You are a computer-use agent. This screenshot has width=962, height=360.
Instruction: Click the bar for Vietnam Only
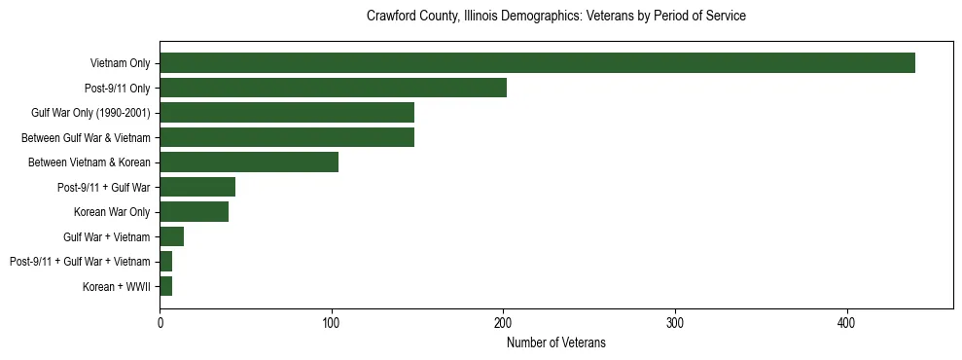coord(537,63)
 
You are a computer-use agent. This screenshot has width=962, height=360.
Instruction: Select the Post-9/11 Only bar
coord(333,88)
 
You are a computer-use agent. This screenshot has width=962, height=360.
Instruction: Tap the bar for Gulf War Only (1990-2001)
coord(287,113)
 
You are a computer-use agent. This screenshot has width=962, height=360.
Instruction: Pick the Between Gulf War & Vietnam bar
coord(287,137)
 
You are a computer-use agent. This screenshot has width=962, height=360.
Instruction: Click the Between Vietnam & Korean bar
coord(249,162)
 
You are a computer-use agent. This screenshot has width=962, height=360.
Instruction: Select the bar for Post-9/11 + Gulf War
coord(197,187)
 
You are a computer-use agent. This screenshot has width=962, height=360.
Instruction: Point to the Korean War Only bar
coord(195,212)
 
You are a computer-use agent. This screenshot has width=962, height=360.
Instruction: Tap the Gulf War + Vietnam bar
coord(172,236)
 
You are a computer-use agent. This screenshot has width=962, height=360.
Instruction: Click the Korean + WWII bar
coord(166,286)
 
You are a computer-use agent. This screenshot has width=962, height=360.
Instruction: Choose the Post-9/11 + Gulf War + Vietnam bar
coord(166,262)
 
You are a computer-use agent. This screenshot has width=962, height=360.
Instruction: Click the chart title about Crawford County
coord(556,17)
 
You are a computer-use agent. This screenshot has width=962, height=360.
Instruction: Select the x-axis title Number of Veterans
coord(556,342)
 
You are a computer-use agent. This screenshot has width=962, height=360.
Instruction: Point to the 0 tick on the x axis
coord(160,322)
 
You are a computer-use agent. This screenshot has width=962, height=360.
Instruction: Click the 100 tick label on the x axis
coord(332,322)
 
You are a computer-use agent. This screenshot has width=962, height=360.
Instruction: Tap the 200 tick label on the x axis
coord(503,322)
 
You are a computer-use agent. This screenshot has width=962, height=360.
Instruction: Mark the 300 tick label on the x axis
coord(675,322)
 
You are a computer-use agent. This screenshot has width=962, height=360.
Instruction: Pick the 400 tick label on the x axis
coord(847,322)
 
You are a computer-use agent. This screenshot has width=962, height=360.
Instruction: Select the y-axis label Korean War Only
coord(112,212)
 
